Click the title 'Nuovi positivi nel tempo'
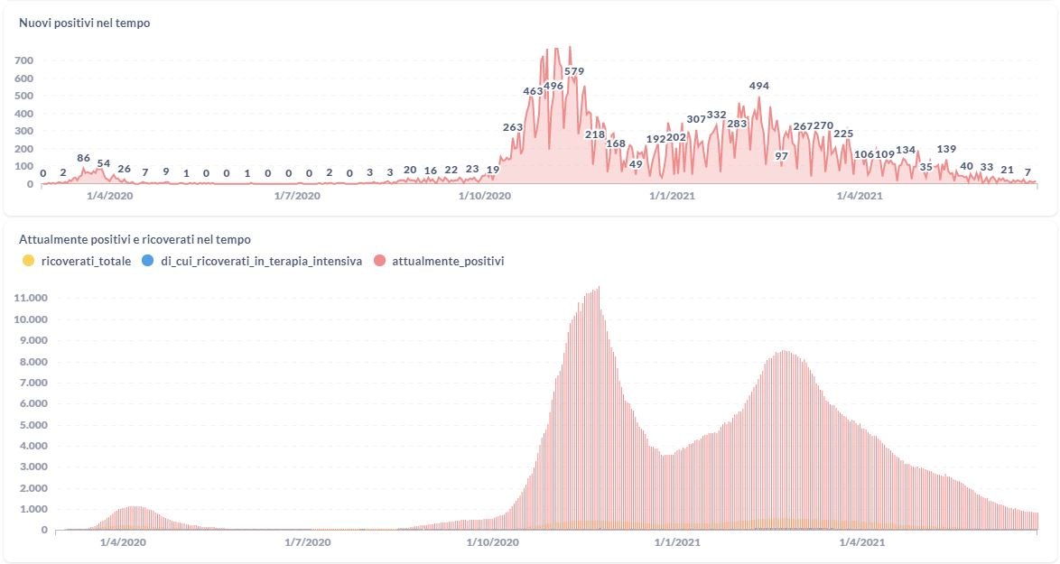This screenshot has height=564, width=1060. [x=85, y=23]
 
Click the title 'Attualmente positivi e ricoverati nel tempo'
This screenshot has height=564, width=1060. [x=135, y=240]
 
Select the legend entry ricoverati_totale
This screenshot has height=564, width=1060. [x=87, y=261]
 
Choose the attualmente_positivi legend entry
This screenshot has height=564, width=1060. [x=448, y=261]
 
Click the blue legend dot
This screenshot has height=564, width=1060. [x=148, y=261]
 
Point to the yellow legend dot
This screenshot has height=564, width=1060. [x=28, y=261]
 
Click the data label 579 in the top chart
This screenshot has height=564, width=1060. [x=574, y=71]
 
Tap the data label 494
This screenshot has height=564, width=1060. [x=759, y=86]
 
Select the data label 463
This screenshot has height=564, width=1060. [x=533, y=91]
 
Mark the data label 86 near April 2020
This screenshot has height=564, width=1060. [x=84, y=158]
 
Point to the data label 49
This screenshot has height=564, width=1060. [x=636, y=164]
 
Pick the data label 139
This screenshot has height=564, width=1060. [x=946, y=149]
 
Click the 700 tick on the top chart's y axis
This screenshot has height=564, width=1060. [x=23, y=60]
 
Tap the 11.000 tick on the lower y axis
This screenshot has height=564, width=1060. [x=32, y=298]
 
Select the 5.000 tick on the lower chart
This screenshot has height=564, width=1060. [x=32, y=424]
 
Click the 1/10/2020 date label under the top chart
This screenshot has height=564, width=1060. [x=485, y=195]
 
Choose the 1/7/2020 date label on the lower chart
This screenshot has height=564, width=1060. [x=307, y=542]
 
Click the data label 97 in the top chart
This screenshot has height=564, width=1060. [x=782, y=156]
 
